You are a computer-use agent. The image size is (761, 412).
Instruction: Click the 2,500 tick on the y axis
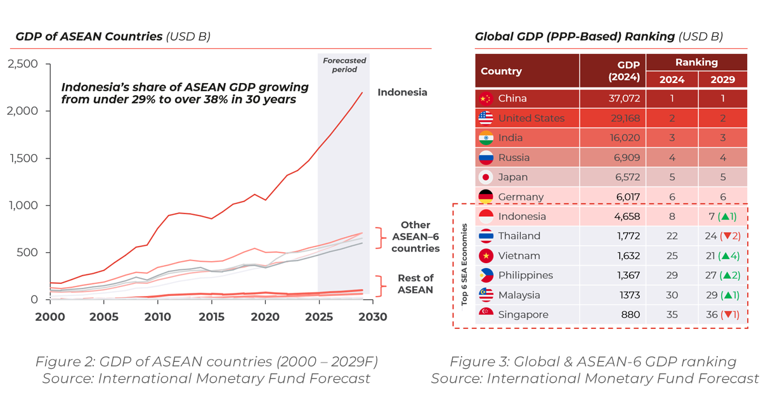pyautogui.click(x=23, y=64)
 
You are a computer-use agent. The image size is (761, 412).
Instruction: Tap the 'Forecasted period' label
pyautogui.click(x=344, y=65)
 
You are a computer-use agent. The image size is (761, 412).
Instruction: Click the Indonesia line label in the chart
pyautogui.click(x=402, y=93)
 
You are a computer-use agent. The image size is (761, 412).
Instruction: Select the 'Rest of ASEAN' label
pyautogui.click(x=415, y=284)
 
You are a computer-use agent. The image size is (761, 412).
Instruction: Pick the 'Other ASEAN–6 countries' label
pyautogui.click(x=415, y=236)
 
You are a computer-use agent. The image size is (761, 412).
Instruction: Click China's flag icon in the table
pyautogui.click(x=486, y=99)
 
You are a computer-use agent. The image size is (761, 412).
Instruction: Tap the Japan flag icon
pyautogui.click(x=486, y=177)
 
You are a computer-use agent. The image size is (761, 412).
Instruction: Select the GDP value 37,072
pyautogui.click(x=621, y=99)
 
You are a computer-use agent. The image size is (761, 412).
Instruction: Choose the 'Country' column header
pyautogui.click(x=501, y=71)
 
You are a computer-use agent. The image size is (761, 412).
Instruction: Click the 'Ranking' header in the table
pyautogui.click(x=696, y=62)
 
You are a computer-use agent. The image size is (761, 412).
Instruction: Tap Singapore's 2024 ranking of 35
pyautogui.click(x=672, y=315)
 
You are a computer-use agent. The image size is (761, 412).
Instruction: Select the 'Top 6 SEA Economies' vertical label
pyautogui.click(x=465, y=266)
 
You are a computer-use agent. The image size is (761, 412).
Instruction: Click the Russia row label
pyautogui.click(x=514, y=158)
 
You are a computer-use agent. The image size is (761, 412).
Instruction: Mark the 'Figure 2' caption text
pyautogui.click(x=206, y=363)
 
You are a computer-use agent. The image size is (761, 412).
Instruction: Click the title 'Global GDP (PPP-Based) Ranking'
pyautogui.click(x=575, y=36)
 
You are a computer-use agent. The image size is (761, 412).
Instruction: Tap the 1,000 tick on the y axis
pyautogui.click(x=23, y=205)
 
